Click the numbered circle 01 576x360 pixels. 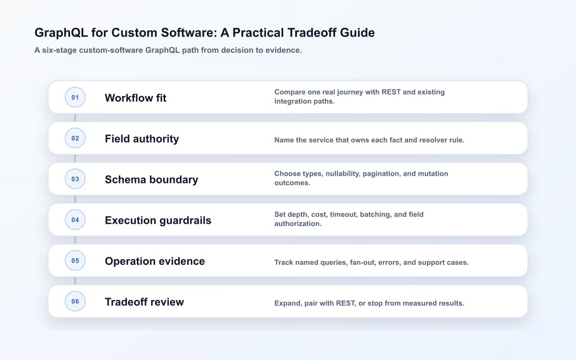(75, 97)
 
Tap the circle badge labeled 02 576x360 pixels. (75, 138)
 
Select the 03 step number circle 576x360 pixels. (75, 179)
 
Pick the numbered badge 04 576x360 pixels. (75, 220)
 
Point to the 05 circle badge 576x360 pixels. (75, 261)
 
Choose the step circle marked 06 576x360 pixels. (75, 301)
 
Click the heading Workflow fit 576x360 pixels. (135, 98)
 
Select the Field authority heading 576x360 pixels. (142, 139)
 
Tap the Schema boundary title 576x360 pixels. (152, 180)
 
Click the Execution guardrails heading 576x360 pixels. (158, 220)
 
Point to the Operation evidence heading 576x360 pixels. (155, 261)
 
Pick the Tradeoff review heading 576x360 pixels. (144, 302)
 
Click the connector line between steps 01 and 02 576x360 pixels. (75, 118)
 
